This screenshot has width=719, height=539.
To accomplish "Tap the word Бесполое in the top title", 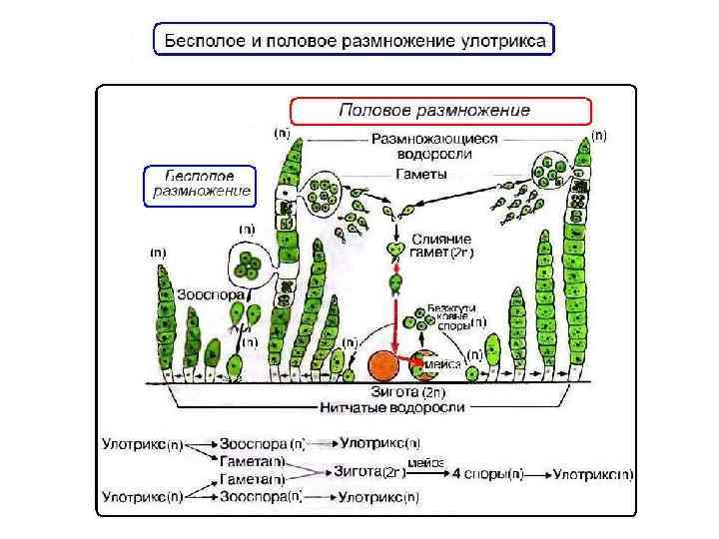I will coord(202,41).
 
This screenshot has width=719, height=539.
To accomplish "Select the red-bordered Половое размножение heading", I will coord(440,110).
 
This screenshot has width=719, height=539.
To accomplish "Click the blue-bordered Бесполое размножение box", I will coord(200,184).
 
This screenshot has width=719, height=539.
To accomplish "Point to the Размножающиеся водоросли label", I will coord(434,147).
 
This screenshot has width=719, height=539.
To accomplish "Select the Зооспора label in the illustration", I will coord(206,296).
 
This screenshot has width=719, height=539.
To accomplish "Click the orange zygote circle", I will coord(382,366).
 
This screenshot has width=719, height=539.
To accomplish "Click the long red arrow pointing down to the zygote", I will coord(395,319).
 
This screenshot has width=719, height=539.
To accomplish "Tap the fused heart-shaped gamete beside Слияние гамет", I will coord(396,249).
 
